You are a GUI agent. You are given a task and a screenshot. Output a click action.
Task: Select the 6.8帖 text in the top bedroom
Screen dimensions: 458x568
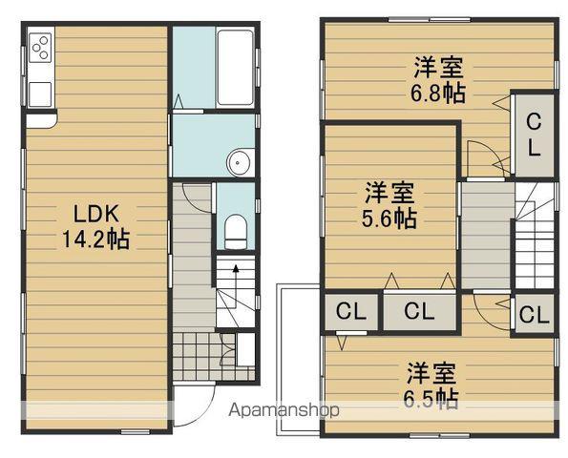point(439,95)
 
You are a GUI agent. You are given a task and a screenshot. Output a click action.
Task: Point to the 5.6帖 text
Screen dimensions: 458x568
point(389,219)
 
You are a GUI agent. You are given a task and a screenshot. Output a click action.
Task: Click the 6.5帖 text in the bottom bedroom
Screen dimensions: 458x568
point(432,398)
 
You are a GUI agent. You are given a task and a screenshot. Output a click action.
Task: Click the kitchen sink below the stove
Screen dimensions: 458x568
point(40,94)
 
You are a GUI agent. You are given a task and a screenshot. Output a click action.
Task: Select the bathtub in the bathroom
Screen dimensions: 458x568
point(234,68)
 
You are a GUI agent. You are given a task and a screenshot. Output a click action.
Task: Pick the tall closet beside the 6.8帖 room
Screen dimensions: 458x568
point(533,135)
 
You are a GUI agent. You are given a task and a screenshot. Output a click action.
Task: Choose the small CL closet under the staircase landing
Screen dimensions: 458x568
point(535,315)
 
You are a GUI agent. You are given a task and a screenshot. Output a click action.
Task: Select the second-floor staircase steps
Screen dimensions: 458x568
point(535,239)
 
